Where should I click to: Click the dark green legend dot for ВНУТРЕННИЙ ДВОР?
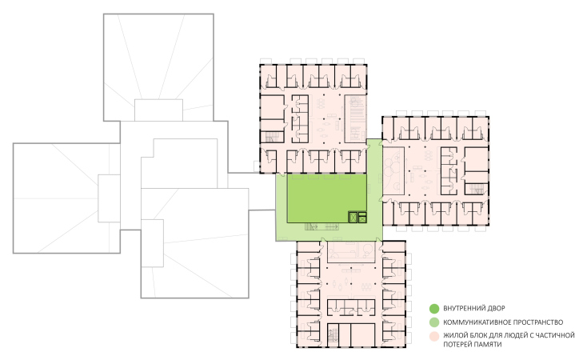pyautogui.click(x=434, y=309)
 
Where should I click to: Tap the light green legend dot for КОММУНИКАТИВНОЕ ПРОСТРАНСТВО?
pyautogui.click(x=434, y=322)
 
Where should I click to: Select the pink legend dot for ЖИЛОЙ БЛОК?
pyautogui.click(x=434, y=336)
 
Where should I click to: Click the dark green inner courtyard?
pyautogui.click(x=326, y=198)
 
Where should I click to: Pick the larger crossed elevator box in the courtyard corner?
pyautogui.click(x=353, y=218)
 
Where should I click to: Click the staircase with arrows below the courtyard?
pyautogui.click(x=321, y=226)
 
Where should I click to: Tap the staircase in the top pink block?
pyautogui.click(x=272, y=137)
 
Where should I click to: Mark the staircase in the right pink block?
pyautogui.click(x=477, y=189)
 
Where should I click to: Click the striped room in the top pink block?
pyautogui.click(x=355, y=118)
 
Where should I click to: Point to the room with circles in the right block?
pyautogui.click(x=393, y=171)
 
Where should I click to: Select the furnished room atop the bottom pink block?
pyautogui.click(x=351, y=252)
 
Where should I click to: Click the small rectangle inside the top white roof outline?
pyautogui.click(x=158, y=110)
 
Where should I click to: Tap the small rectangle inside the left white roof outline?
pyautogui.click(x=110, y=198)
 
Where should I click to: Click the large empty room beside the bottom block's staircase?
pyautogui.click(x=363, y=335)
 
